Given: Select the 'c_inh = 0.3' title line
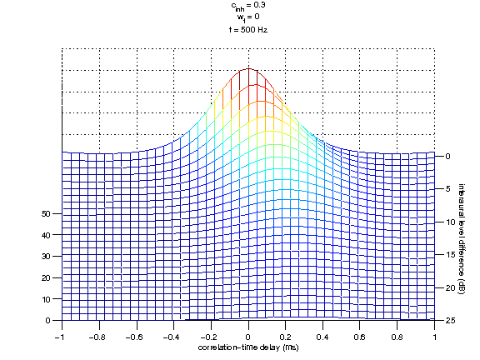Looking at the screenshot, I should [248, 6].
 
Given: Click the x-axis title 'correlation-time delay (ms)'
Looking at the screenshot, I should [248, 346].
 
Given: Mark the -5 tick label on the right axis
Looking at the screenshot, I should [448, 189].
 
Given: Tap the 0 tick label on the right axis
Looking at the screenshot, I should [448, 156].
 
